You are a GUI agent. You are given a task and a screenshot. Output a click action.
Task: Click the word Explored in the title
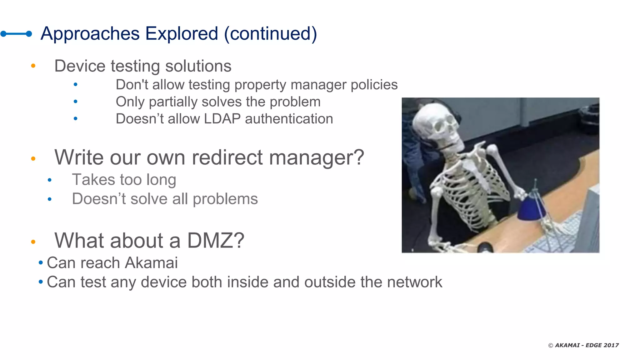(x=182, y=34)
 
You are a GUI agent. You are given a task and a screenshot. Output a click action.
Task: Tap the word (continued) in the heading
(x=271, y=34)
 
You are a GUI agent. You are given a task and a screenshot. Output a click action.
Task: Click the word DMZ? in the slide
(x=216, y=241)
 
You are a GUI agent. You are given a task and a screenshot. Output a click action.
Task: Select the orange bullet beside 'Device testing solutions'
(x=33, y=66)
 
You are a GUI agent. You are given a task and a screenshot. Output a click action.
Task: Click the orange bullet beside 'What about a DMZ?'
(x=33, y=242)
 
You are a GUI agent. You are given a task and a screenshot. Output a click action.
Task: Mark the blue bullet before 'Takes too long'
(x=49, y=180)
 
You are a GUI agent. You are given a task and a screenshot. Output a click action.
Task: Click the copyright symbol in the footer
(x=551, y=345)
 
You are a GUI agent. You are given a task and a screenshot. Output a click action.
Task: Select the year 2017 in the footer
(x=611, y=345)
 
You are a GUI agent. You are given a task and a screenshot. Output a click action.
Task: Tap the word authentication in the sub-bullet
(x=289, y=119)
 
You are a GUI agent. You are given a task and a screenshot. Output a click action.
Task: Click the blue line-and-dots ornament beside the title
(x=16, y=34)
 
